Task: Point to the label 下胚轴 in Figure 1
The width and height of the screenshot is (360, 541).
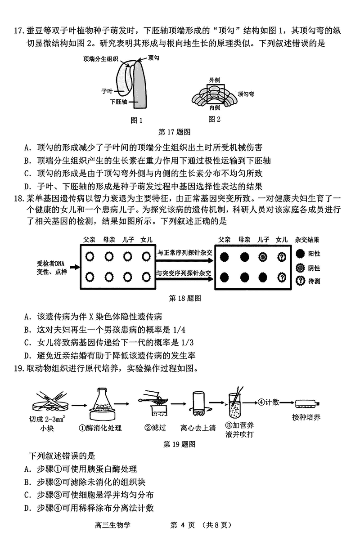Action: click(118, 102)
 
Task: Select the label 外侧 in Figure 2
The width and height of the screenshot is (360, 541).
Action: click(214, 80)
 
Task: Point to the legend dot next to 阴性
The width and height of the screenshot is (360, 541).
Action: click(301, 268)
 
